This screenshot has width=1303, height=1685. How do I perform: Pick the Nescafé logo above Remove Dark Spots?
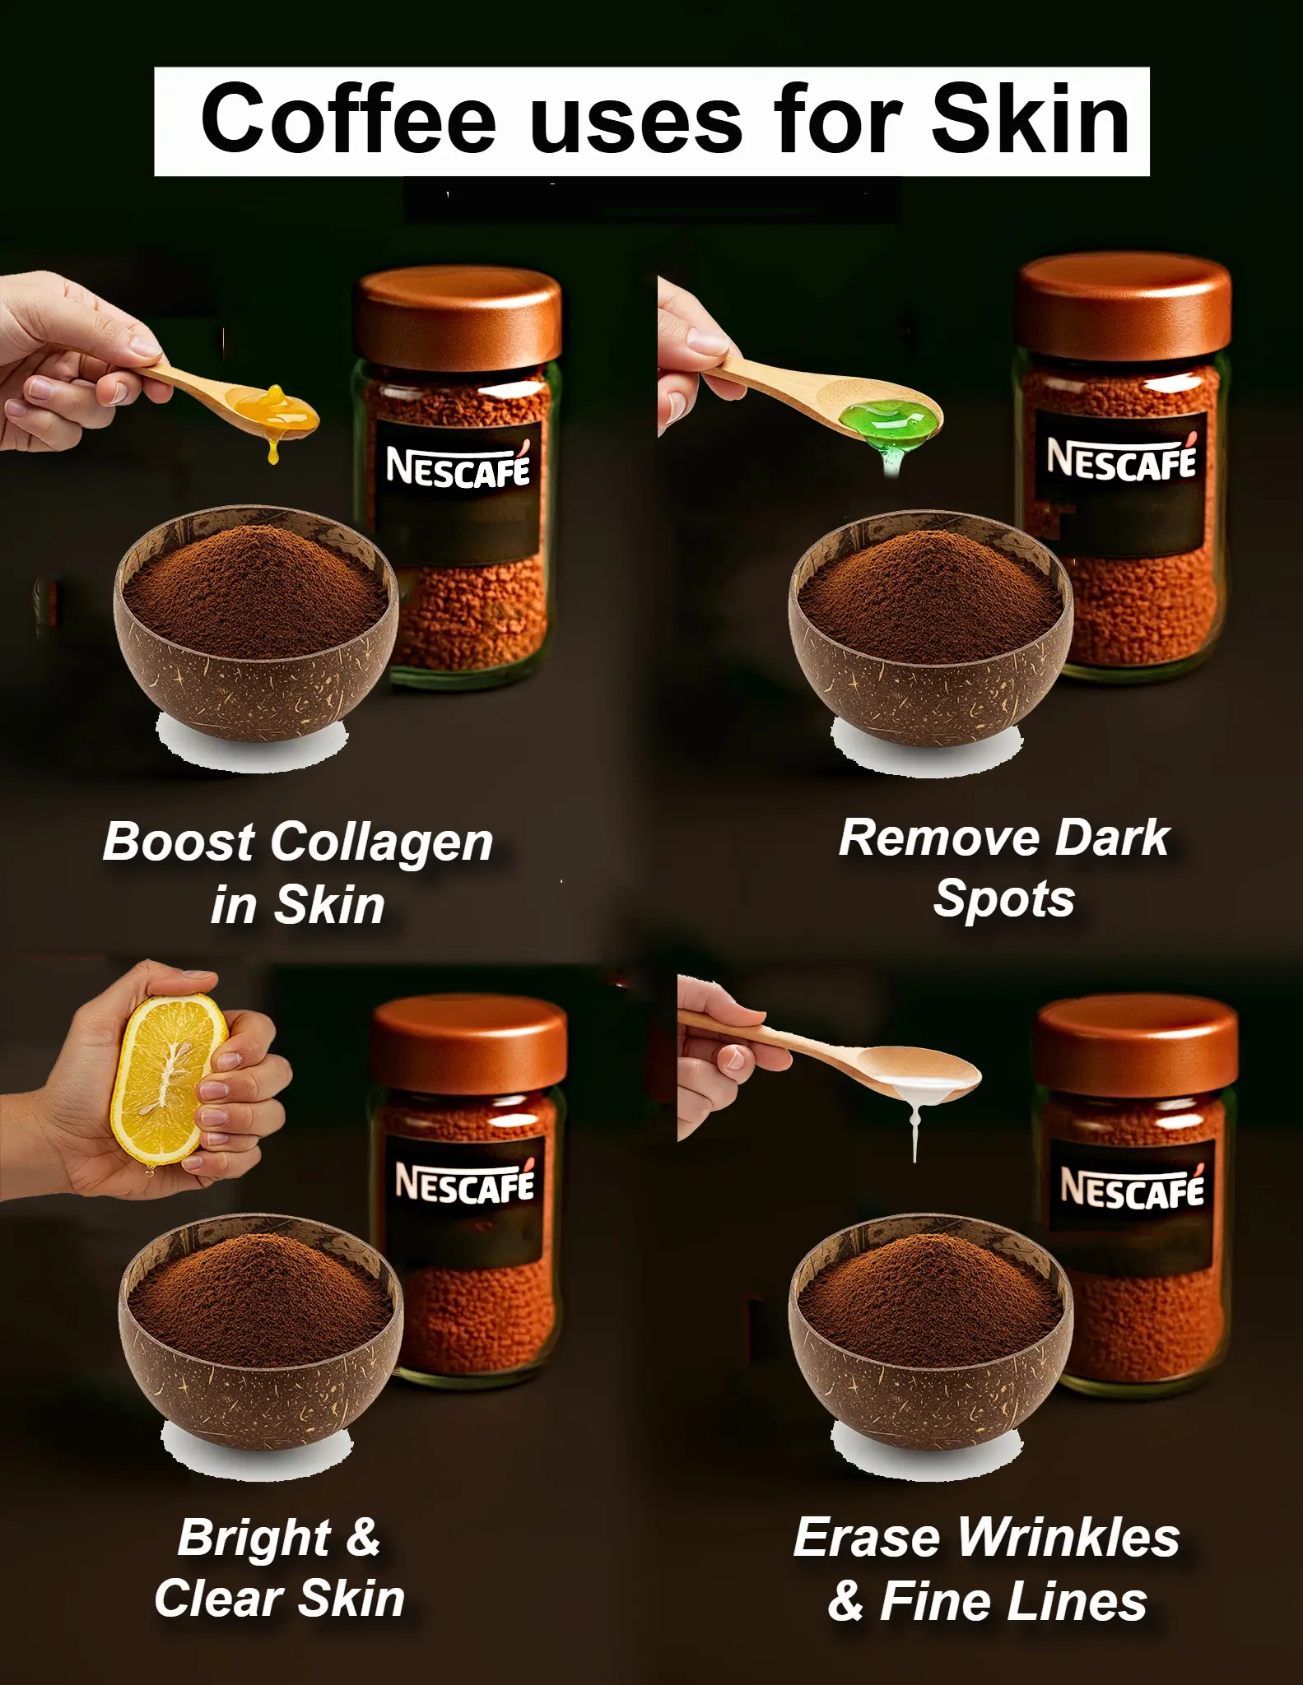[x=1122, y=459]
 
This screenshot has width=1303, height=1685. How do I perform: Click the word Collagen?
[x=381, y=843]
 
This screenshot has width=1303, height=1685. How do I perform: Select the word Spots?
[x=1004, y=898]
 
